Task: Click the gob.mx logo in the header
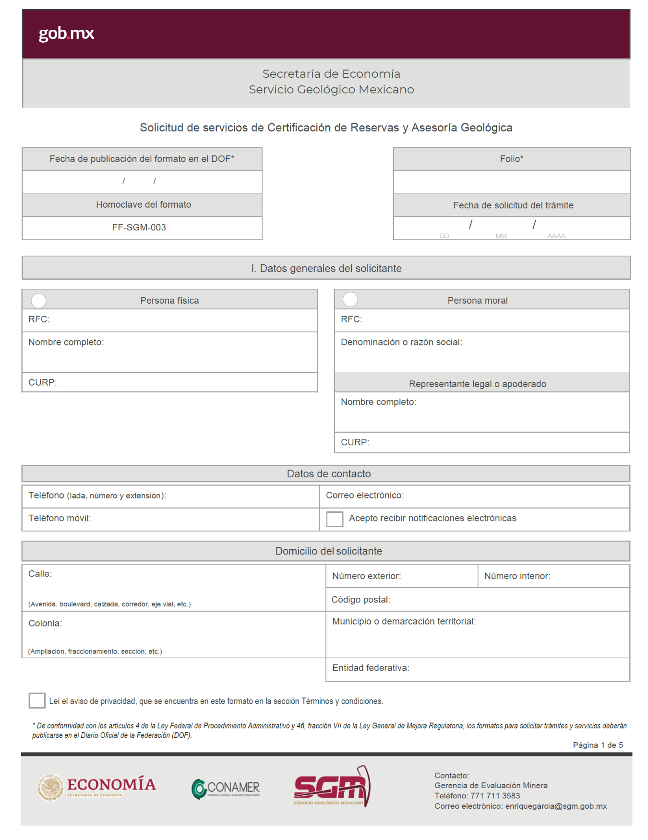click(x=66, y=33)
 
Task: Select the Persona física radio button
click(x=38, y=301)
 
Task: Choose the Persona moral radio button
click(x=350, y=299)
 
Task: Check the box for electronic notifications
click(x=335, y=519)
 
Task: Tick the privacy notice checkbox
click(x=37, y=700)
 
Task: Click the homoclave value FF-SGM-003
click(x=139, y=227)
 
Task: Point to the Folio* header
click(x=511, y=159)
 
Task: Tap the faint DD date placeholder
click(x=444, y=236)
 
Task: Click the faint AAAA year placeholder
click(x=556, y=236)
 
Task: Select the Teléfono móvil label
click(x=60, y=518)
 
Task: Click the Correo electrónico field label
click(x=365, y=495)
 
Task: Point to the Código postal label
click(x=361, y=600)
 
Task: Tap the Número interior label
click(x=517, y=576)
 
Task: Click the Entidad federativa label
click(x=371, y=668)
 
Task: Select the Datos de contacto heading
click(x=329, y=474)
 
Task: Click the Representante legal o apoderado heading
click(x=478, y=384)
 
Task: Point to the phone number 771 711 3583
click(x=495, y=795)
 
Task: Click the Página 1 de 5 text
click(x=598, y=745)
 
